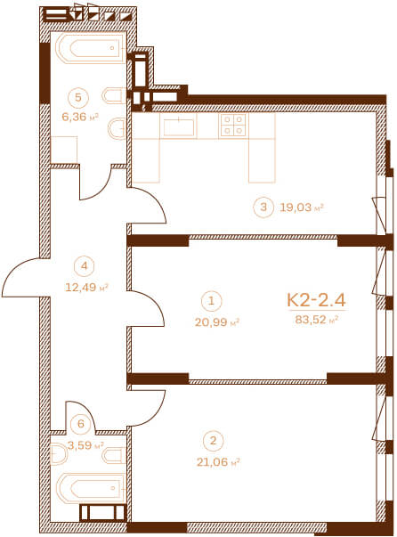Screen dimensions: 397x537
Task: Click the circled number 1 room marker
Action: click(212, 301)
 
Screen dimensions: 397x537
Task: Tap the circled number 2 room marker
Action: click(214, 441)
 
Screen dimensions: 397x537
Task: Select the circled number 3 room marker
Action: click(263, 207)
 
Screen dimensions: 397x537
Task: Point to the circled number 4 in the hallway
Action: click(85, 265)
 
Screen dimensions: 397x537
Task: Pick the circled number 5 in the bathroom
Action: click(78, 98)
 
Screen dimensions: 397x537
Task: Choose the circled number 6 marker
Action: click(81, 424)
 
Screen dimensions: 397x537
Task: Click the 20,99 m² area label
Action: click(216, 321)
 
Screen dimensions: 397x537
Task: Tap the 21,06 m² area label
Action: click(218, 462)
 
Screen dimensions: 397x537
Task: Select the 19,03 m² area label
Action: click(302, 207)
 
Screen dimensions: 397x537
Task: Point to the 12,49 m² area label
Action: click(86, 287)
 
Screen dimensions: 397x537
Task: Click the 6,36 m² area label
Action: click(80, 118)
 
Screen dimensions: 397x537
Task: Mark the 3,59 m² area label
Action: click(85, 445)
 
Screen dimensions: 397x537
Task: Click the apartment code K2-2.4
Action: click(316, 299)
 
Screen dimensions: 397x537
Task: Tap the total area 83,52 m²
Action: click(317, 320)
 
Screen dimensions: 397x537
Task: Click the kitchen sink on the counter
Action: click(179, 126)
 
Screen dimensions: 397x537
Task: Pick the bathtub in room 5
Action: click(91, 48)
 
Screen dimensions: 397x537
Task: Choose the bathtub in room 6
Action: click(91, 488)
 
